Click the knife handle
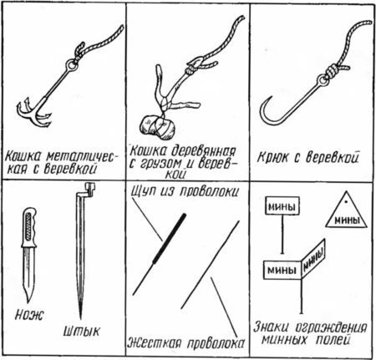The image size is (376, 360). pos(29,227)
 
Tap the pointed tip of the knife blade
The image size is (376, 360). pos(28,302)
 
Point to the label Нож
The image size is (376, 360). pos(29,315)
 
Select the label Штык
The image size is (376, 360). pos(81,332)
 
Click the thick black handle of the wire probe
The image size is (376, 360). pos(170,237)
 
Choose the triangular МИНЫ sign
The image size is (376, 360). pos(347,211)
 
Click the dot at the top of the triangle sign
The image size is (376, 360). pos(346,201)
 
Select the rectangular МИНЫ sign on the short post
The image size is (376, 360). pos(282,206)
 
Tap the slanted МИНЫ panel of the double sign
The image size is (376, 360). pos(313,259)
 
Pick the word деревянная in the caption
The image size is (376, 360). pos(203,151)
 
